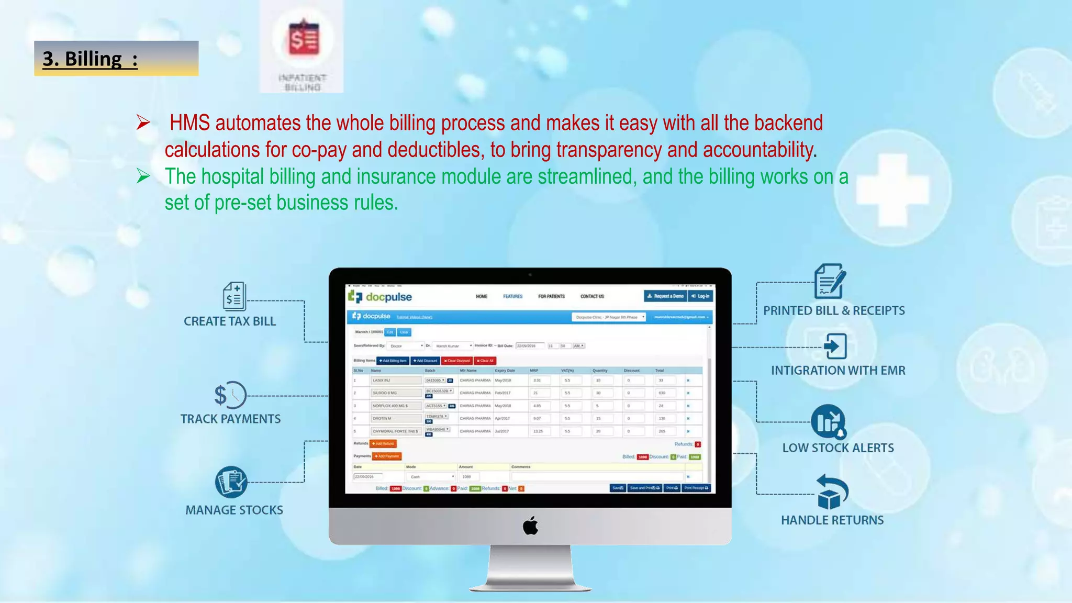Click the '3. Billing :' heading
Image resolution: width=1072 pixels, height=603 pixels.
click(x=90, y=59)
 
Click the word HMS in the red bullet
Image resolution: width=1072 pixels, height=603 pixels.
click(x=189, y=124)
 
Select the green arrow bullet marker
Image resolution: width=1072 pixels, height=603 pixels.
click(x=143, y=176)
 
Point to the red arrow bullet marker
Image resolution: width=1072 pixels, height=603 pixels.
click(x=143, y=123)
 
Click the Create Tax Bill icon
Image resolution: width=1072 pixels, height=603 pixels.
click(x=234, y=296)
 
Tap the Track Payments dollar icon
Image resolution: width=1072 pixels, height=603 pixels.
click(x=230, y=395)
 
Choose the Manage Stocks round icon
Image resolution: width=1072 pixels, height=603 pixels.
click(x=231, y=482)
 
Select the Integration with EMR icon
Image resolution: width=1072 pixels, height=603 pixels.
click(x=835, y=346)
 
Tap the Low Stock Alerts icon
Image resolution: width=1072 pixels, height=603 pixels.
click(x=828, y=421)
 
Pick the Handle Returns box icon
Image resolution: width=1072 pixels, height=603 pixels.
click(x=831, y=492)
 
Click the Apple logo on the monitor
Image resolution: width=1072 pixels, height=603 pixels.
click(x=530, y=526)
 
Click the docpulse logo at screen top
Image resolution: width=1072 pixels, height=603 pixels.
click(x=380, y=297)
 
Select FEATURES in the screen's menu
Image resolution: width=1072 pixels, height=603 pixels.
click(x=512, y=296)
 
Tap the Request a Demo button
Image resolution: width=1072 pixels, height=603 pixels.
click(x=665, y=296)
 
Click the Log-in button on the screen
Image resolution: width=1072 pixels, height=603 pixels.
click(x=700, y=296)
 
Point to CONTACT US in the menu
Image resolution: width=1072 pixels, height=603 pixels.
click(x=592, y=296)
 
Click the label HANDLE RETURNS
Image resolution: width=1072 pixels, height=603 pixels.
click(x=832, y=520)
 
